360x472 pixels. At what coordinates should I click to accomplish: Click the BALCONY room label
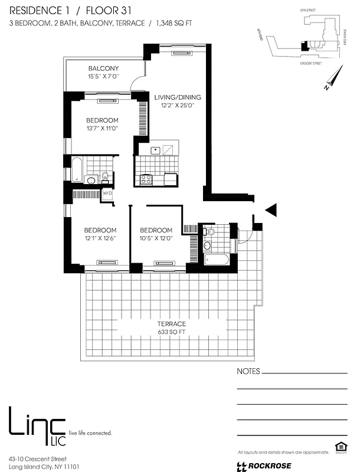coord(104,68)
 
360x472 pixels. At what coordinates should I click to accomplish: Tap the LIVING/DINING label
coord(178,97)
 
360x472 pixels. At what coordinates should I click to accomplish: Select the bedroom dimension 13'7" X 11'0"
coord(103,128)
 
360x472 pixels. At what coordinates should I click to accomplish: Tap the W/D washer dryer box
coord(107,194)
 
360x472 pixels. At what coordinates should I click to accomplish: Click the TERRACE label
coord(172,324)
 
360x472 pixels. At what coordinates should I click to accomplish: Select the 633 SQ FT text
coord(172,332)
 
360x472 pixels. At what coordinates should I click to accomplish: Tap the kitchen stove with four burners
coord(146,178)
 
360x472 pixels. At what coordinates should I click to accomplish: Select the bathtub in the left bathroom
coord(77,169)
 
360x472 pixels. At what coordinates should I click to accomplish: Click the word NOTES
coord(248,372)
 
